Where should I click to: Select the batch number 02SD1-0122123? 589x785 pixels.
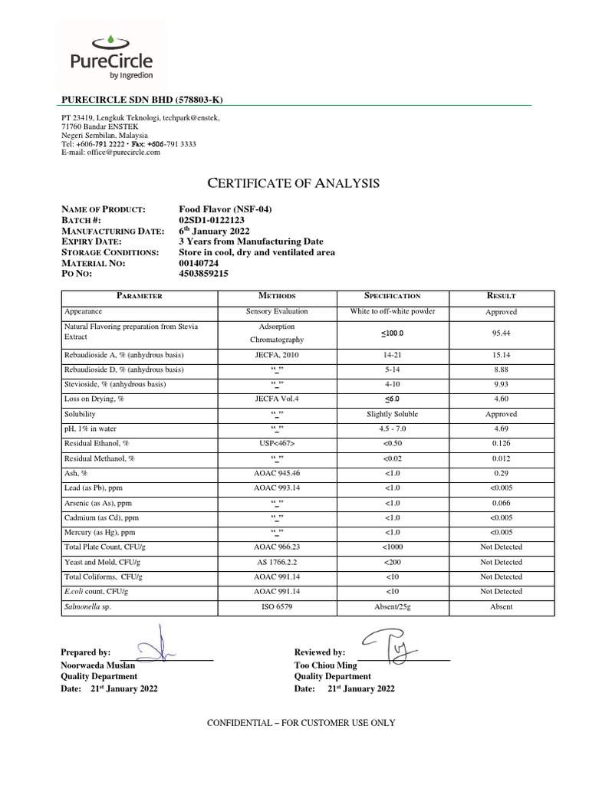pos(212,220)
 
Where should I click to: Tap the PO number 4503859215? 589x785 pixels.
pos(203,273)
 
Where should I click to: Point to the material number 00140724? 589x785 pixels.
pos(199,262)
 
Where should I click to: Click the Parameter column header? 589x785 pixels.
pos(139,296)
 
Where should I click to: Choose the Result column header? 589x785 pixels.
pos(501,296)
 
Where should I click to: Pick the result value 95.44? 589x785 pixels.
pos(501,333)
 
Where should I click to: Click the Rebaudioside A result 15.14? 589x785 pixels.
pos(501,355)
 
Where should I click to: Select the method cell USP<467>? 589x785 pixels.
pos(276,443)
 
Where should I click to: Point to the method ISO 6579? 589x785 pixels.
pos(276,606)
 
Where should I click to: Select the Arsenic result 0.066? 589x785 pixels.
pos(501,502)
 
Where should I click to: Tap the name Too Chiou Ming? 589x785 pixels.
pos(326,665)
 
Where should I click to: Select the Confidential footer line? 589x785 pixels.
pos(294,723)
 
